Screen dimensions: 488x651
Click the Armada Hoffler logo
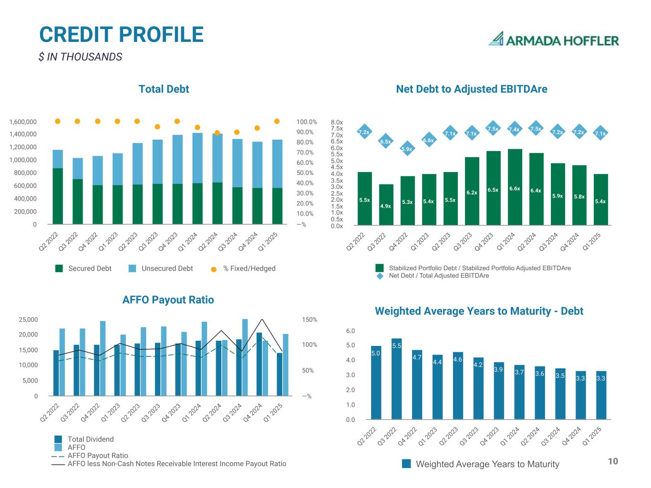click(553, 40)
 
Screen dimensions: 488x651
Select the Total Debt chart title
click(164, 89)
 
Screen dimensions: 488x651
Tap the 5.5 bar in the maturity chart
click(396, 379)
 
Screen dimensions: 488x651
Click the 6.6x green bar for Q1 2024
click(515, 187)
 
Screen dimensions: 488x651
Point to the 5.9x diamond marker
click(406, 149)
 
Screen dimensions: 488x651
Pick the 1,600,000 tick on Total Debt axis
click(23, 122)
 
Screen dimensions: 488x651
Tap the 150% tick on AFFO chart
click(310, 320)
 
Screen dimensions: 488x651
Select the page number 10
click(613, 461)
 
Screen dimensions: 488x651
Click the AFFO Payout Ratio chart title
click(168, 300)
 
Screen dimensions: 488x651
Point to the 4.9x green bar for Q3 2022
click(386, 204)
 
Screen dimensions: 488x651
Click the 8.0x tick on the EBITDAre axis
click(337, 122)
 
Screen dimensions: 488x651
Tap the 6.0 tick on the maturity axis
click(350, 331)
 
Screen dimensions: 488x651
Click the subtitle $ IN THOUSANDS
click(80, 57)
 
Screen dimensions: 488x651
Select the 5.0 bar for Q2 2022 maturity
click(376, 383)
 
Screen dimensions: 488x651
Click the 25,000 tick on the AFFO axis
click(28, 320)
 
